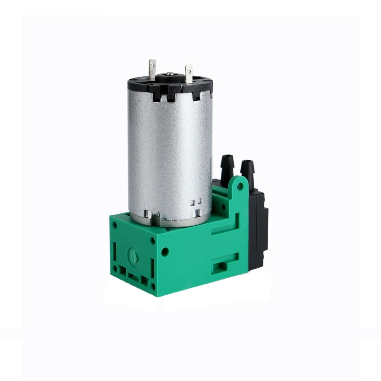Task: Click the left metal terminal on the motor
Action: tap(152, 70)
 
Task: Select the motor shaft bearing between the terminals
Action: tap(170, 75)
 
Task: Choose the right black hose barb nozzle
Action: tap(247, 168)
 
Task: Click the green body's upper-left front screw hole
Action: tap(114, 225)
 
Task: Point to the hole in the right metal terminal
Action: tap(189, 70)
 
